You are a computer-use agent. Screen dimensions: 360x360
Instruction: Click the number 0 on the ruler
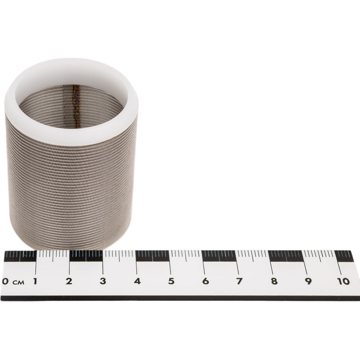tap(5, 281)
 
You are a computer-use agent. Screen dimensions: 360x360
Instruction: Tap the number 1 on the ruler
tap(35, 281)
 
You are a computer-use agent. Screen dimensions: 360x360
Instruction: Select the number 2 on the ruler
tap(69, 281)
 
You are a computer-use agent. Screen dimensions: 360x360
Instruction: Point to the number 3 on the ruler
tap(103, 281)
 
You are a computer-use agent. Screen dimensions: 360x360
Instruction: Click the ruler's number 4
tap(137, 281)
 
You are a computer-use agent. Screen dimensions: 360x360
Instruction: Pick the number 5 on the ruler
tap(171, 281)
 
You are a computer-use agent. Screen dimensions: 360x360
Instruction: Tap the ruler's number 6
tap(206, 281)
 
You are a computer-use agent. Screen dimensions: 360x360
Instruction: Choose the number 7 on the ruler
tap(239, 281)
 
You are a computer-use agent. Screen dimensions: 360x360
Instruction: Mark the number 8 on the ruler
tap(274, 281)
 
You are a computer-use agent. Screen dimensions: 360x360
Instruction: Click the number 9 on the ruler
tap(308, 281)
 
